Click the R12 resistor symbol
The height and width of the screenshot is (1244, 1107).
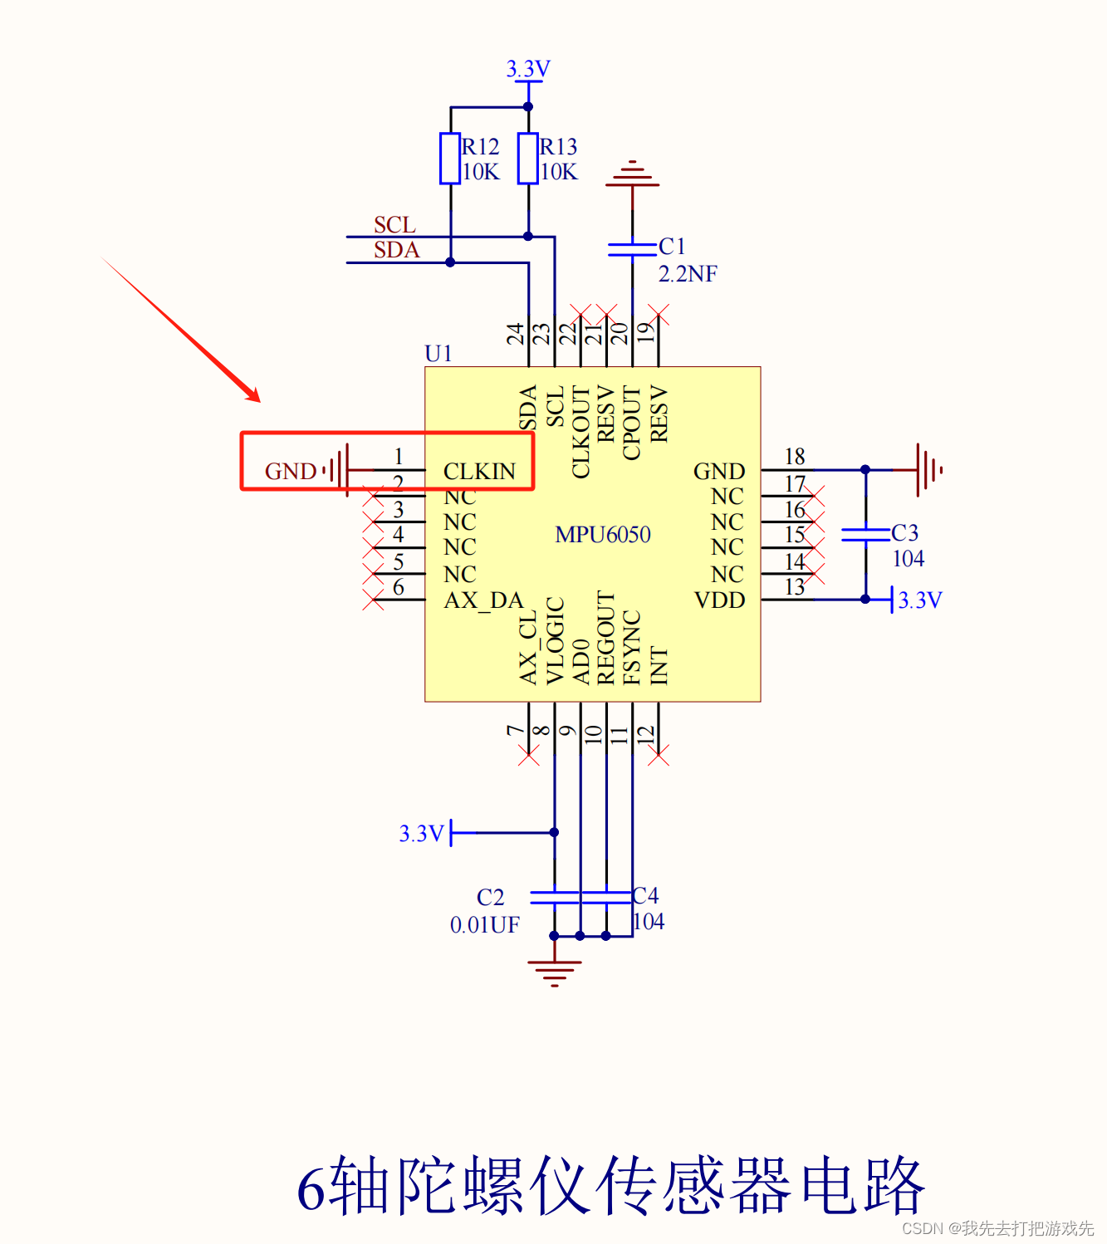click(x=450, y=159)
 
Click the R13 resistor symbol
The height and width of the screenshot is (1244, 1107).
click(x=528, y=159)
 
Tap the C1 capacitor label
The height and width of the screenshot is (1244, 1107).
click(x=672, y=246)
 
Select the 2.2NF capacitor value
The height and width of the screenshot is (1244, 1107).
click(x=688, y=274)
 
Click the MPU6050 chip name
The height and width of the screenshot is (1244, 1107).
click(x=602, y=535)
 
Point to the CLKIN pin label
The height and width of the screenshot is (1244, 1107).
click(x=479, y=472)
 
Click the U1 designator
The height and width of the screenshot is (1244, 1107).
click(x=438, y=354)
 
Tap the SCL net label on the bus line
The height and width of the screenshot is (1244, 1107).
click(x=394, y=225)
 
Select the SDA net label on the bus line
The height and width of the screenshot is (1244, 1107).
click(x=397, y=250)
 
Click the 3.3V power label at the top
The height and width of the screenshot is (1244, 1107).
click(x=528, y=68)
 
